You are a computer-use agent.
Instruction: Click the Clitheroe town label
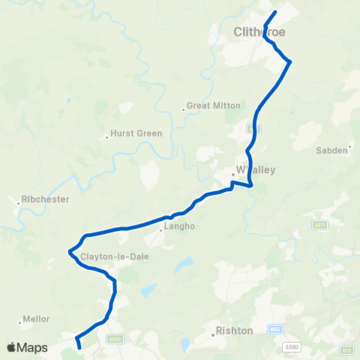(x=259, y=31)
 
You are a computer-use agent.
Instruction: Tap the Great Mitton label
(x=214, y=106)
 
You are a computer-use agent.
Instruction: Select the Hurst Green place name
(x=136, y=133)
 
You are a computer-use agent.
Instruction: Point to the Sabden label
(x=332, y=150)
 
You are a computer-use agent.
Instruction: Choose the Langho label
(x=179, y=225)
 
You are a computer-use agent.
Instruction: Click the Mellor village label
(x=37, y=319)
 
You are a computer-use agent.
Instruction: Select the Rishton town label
(x=234, y=330)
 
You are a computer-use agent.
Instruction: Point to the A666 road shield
(x=115, y=340)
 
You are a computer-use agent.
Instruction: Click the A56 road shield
(x=346, y=349)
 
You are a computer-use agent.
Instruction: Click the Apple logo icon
(x=12, y=347)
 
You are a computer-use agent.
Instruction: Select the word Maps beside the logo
(x=32, y=347)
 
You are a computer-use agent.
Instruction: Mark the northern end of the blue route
(x=275, y=12)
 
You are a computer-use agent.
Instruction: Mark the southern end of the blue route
(x=79, y=347)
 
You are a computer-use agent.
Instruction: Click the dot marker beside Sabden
(x=350, y=150)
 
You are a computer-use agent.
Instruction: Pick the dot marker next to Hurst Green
(x=106, y=136)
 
